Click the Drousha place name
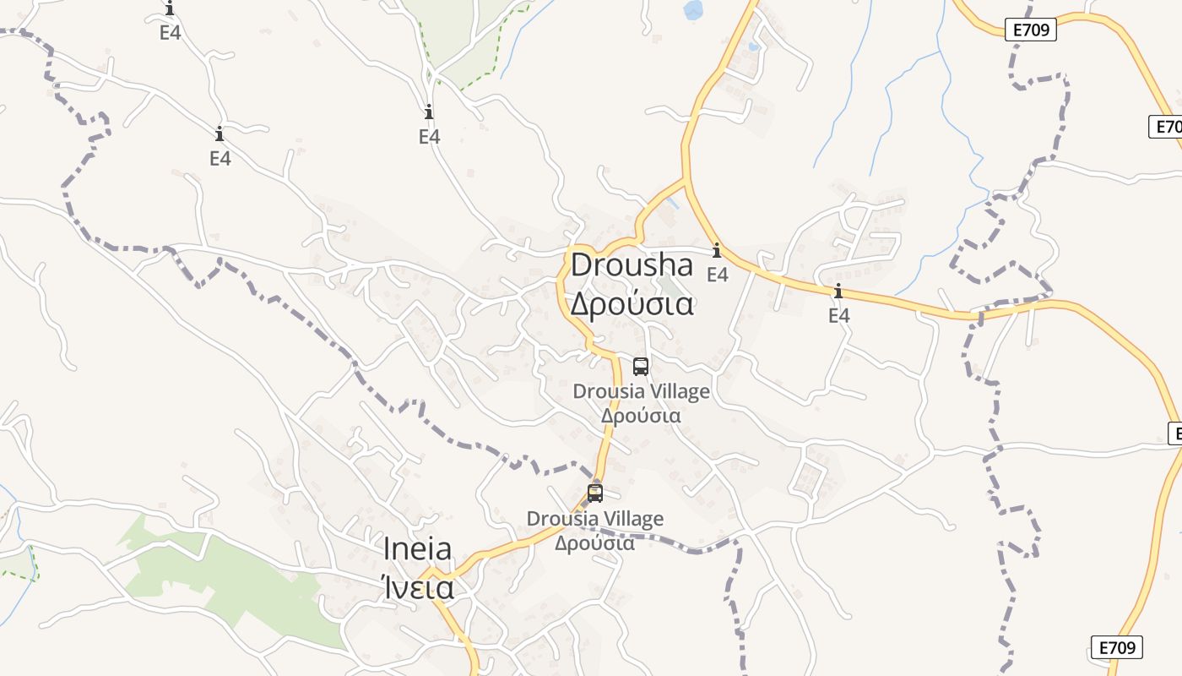632,264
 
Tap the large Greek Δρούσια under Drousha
632,303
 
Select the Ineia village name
417,549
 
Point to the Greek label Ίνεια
417,586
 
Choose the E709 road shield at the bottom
1116,647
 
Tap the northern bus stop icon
641,367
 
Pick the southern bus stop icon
595,493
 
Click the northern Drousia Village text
641,391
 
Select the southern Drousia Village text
595,518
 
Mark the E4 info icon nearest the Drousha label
717,251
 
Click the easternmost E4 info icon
838,292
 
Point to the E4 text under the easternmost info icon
838,316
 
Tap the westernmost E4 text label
171,33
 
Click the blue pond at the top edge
693,10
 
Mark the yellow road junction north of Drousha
685,179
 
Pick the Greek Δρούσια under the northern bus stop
641,416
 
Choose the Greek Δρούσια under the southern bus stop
595,542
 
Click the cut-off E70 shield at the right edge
1167,127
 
